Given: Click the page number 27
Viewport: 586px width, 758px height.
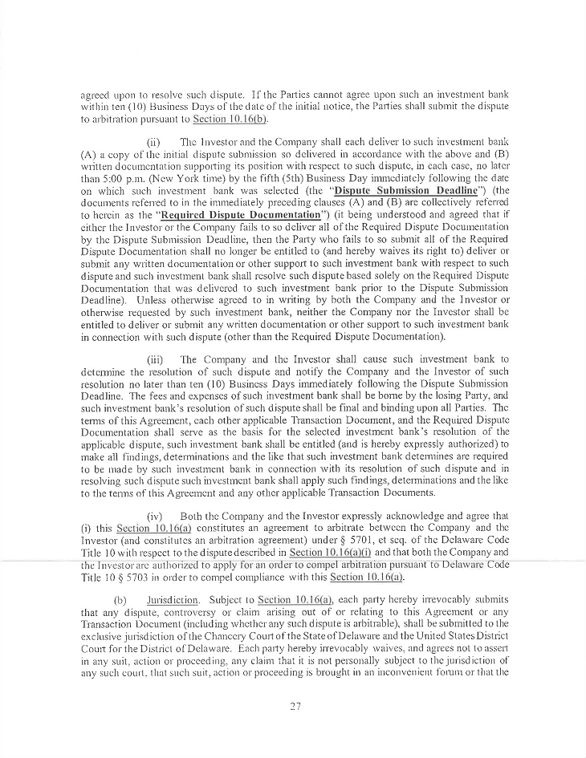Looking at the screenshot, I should [x=292, y=706].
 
